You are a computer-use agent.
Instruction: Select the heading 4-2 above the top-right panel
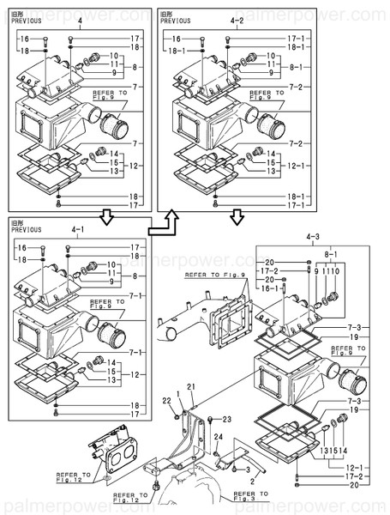[237, 20]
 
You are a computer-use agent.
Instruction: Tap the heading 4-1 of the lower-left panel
[79, 229]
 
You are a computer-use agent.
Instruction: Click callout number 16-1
[270, 290]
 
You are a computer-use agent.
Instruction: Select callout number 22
[168, 403]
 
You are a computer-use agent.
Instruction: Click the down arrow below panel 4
[105, 216]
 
